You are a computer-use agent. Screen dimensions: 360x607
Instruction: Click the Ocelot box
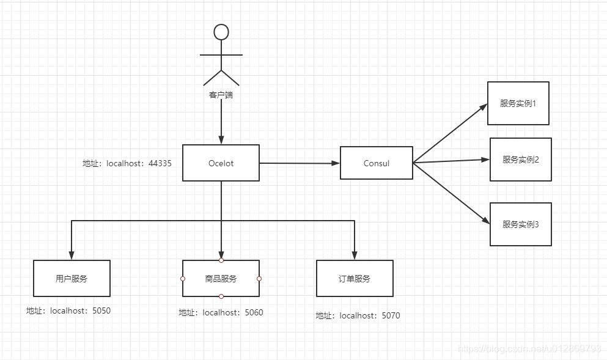221,163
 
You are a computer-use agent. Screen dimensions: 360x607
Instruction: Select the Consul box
376,163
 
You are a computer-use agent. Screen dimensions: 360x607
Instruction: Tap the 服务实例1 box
518,103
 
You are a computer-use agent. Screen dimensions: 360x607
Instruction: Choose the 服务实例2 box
520,160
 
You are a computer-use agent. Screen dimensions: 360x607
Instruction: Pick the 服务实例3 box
520,224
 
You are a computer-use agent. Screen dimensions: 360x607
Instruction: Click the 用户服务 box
72,279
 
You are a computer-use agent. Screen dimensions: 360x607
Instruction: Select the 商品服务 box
221,279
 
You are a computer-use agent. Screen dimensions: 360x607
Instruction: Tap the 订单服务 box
355,279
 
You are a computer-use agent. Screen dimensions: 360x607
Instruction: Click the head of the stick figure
221,32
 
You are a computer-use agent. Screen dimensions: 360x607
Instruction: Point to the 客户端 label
221,95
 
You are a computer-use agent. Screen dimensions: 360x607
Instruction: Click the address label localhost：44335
127,164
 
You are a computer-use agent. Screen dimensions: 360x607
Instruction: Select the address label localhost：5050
68,311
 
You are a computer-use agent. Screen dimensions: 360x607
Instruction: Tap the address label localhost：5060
221,313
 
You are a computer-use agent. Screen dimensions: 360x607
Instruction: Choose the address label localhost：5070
358,316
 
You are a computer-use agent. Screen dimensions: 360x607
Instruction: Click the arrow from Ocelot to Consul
300,163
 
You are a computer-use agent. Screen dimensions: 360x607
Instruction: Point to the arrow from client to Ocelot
221,122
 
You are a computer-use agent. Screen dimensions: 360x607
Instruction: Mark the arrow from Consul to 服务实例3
451,194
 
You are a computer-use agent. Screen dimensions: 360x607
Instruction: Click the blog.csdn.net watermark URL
529,349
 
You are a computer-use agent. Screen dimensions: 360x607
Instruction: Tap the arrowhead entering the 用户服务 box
72,255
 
